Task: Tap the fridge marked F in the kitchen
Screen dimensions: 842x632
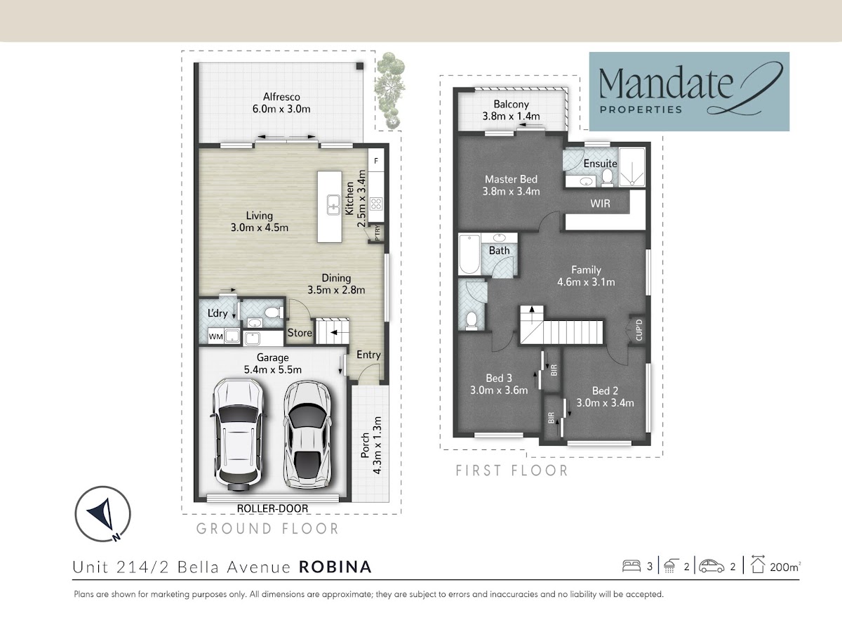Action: coord(376,160)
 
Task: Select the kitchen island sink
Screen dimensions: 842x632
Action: coord(334,204)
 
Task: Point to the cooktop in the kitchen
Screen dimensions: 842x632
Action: coord(376,204)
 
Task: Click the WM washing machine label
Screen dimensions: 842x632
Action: coord(215,336)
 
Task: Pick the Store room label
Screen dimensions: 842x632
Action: coord(300,333)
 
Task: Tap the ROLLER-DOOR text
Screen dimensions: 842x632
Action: coord(272,508)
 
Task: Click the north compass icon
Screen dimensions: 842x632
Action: coord(103,514)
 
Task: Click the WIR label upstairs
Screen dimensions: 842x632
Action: coord(600,204)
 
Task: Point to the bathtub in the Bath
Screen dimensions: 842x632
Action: coord(469,254)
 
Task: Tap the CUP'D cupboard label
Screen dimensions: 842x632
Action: coord(639,330)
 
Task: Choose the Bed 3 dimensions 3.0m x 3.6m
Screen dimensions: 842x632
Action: coord(499,390)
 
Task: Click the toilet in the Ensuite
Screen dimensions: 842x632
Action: coord(607,178)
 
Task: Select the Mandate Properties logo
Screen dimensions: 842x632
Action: coord(689,92)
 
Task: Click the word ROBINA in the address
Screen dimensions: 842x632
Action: coord(335,567)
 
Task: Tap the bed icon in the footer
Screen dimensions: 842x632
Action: coord(631,566)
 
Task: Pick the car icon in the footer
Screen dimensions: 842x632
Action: coord(711,567)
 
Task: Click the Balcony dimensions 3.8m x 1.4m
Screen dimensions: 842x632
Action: coord(511,116)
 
